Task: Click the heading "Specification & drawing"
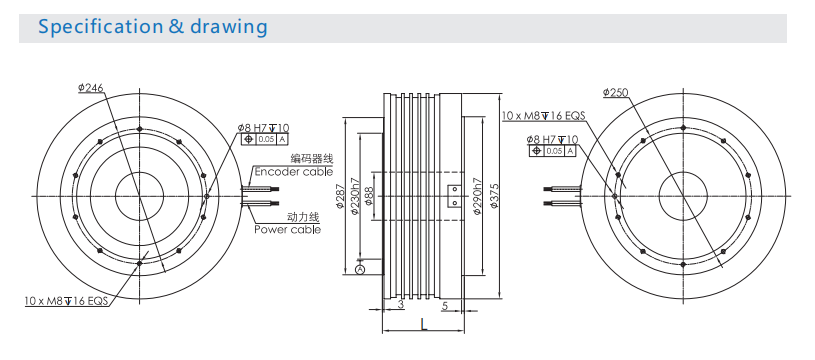153,26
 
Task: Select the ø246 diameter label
90,88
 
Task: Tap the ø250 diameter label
615,92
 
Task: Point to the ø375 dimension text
494,195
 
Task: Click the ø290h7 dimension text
477,196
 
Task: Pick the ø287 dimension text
340,196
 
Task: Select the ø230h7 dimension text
355,196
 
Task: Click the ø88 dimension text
369,196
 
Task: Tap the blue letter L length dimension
424,325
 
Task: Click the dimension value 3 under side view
401,304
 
